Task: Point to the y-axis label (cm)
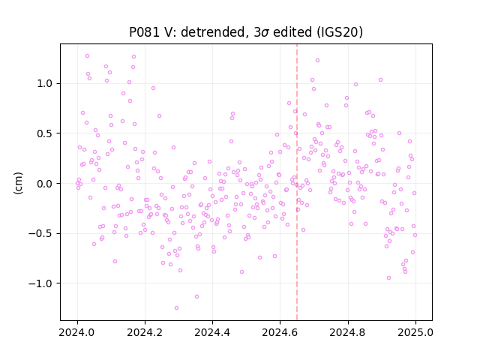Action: pyautogui.click(x=18, y=183)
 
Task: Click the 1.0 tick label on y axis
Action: pyautogui.click(x=44, y=83)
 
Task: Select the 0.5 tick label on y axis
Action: pyautogui.click(x=44, y=133)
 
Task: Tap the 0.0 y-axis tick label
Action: pyautogui.click(x=44, y=184)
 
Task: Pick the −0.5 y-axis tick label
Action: pyautogui.click(x=40, y=233)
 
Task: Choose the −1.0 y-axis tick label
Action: pyautogui.click(x=40, y=283)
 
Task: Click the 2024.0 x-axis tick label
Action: pyautogui.click(x=77, y=332)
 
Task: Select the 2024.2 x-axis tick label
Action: pyautogui.click(x=145, y=332)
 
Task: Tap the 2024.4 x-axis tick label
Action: pyautogui.click(x=212, y=332)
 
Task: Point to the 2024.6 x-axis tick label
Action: pyautogui.click(x=280, y=332)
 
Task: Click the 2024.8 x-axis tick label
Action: pyautogui.click(x=348, y=332)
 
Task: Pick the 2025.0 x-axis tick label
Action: pyautogui.click(x=415, y=332)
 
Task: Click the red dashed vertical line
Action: pyautogui.click(x=297, y=182)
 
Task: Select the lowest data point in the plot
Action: pyautogui.click(x=176, y=307)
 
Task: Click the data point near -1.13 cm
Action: pyautogui.click(x=196, y=296)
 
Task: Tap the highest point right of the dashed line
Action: pyautogui.click(x=317, y=60)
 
